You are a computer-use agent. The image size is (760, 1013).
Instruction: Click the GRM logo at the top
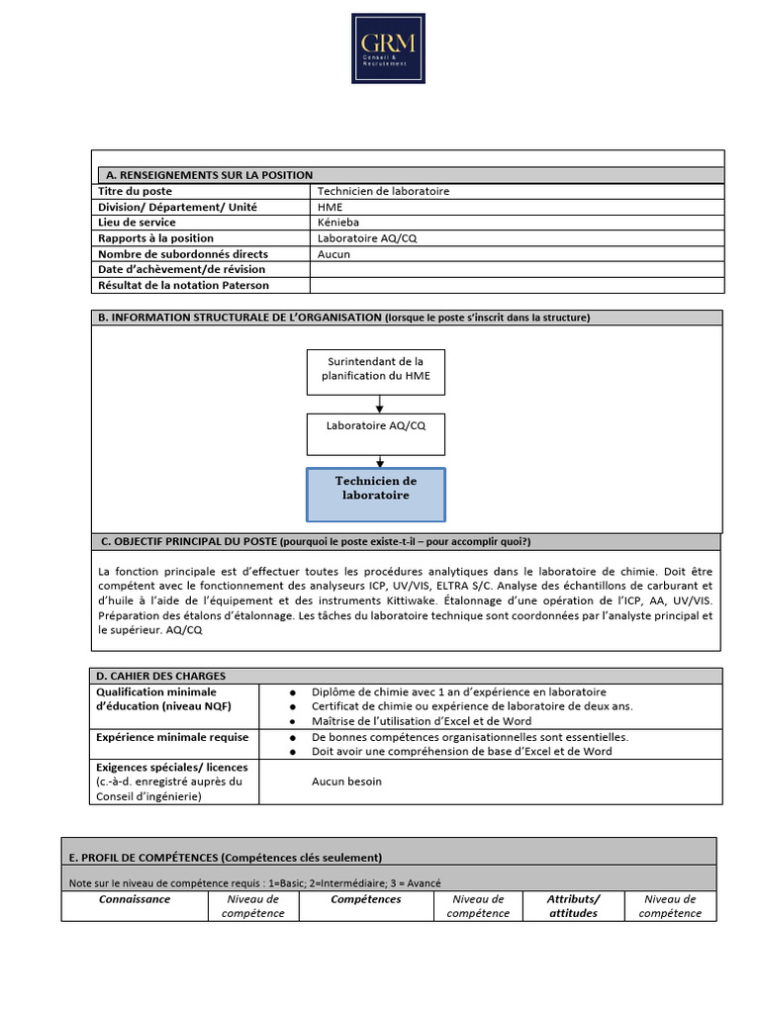coord(388,47)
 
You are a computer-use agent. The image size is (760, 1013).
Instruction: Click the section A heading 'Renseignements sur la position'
coord(209,175)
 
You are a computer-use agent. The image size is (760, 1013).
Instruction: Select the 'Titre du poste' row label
coord(135,191)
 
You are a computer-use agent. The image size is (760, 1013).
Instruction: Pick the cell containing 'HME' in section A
coord(331,207)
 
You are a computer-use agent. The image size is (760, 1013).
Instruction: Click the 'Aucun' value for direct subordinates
coord(333,254)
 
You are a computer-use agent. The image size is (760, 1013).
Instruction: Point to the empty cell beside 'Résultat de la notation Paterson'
coord(516,286)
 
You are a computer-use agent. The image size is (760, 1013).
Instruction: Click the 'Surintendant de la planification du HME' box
coord(375,369)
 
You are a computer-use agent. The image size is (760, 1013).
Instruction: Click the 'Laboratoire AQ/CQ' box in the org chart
coord(375,426)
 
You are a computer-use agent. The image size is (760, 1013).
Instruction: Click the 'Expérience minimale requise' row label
coord(172,737)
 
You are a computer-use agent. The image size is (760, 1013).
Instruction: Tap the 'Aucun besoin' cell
coord(346,782)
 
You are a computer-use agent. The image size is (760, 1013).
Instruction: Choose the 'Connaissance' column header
coord(135,899)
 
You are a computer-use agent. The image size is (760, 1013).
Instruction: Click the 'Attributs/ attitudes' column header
coord(573,906)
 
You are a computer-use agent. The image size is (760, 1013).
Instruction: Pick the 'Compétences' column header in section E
coord(366,899)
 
